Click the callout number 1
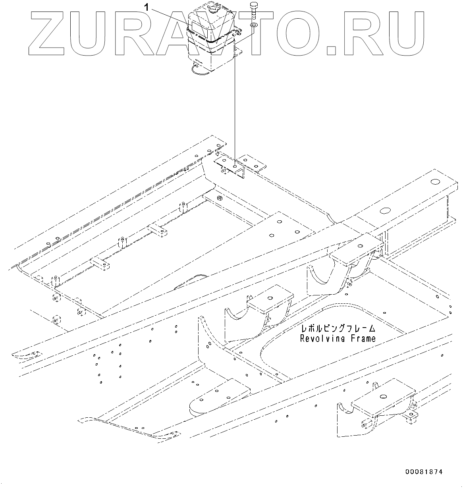point(147,7)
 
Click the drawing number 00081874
point(424,472)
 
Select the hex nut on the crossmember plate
point(218,197)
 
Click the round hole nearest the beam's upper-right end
point(434,181)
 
